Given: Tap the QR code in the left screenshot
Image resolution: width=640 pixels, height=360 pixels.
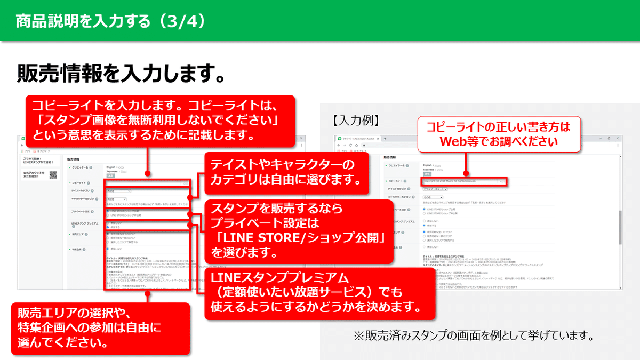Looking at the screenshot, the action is coord(53,175).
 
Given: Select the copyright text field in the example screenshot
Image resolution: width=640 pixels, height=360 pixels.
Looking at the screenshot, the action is coord(462,181).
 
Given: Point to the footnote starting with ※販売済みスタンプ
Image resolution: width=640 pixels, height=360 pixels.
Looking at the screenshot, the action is coord(474,337).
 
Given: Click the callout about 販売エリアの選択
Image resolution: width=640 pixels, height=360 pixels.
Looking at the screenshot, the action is coord(100,329).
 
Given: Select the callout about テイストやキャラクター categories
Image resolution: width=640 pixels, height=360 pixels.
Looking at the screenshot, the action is coord(286,171).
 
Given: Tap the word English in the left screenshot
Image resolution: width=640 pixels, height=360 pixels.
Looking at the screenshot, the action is coord(111,166).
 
